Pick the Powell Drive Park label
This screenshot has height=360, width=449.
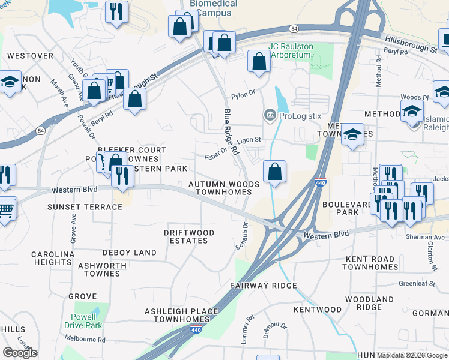click(x=83, y=321)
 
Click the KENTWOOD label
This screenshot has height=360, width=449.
click(x=318, y=310)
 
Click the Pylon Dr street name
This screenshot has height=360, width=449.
click(x=243, y=94)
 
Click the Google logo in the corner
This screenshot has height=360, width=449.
click(x=20, y=352)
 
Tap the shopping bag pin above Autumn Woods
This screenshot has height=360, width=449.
click(x=274, y=172)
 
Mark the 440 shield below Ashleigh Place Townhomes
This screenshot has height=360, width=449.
click(x=195, y=329)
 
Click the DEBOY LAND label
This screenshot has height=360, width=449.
click(x=129, y=253)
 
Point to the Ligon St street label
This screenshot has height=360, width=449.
click(x=249, y=140)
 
